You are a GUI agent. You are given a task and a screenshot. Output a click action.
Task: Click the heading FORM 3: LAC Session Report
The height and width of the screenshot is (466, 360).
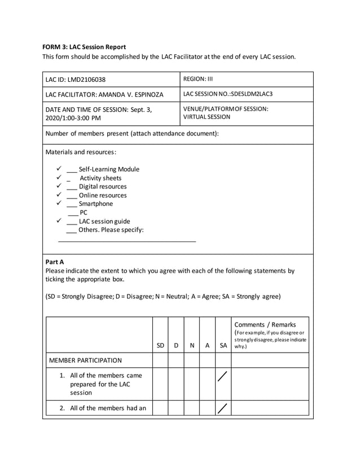coord(84,47)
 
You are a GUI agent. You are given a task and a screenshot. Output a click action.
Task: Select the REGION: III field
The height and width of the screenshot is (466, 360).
coord(198,79)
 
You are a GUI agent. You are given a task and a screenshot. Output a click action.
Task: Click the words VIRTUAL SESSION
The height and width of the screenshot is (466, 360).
coord(207,117)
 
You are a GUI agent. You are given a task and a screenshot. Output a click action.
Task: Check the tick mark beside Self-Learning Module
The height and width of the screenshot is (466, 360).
coord(59,169)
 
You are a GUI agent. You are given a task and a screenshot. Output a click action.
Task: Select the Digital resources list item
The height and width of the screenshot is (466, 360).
coord(103,187)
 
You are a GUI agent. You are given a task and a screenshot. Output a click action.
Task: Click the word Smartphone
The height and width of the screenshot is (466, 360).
coord(95,204)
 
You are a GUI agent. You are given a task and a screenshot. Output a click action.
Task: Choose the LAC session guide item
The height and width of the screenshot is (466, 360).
coord(104,222)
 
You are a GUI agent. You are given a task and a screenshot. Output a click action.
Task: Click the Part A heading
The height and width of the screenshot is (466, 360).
coord(54,262)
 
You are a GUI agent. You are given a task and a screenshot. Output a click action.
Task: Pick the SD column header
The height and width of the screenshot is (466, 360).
coord(160,345)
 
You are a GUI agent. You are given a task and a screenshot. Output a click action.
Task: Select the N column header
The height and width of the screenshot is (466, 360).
coord(192,345)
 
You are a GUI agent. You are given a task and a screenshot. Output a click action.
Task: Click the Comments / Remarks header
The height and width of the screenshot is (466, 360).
coord(265,324)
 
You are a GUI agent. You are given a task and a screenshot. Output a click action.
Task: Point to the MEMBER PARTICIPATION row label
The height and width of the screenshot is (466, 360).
coord(85,360)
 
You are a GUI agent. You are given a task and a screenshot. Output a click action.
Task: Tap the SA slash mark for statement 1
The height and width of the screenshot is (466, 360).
coord(223,377)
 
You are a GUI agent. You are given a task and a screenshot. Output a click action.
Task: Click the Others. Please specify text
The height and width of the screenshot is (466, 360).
coord(111,230)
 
